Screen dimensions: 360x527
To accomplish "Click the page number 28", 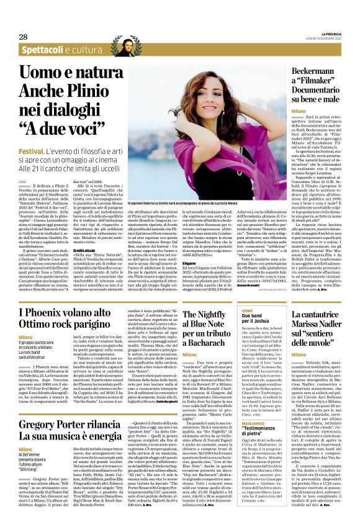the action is (x=23, y=37).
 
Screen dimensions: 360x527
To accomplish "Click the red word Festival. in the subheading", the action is (x=31, y=151).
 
